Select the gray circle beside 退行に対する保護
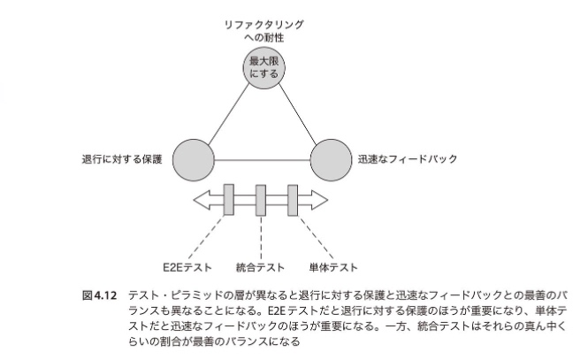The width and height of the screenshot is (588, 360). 194,159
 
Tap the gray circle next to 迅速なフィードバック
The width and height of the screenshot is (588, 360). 332,159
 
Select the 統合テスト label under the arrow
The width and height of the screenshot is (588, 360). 261,266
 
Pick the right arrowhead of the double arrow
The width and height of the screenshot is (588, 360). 319,199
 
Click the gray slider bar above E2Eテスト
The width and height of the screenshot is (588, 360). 228,199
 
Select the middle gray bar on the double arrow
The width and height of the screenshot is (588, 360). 261,199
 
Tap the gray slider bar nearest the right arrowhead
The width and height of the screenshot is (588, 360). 294,199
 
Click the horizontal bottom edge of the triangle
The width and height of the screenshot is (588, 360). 263,160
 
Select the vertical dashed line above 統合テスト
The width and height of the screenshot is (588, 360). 261,234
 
